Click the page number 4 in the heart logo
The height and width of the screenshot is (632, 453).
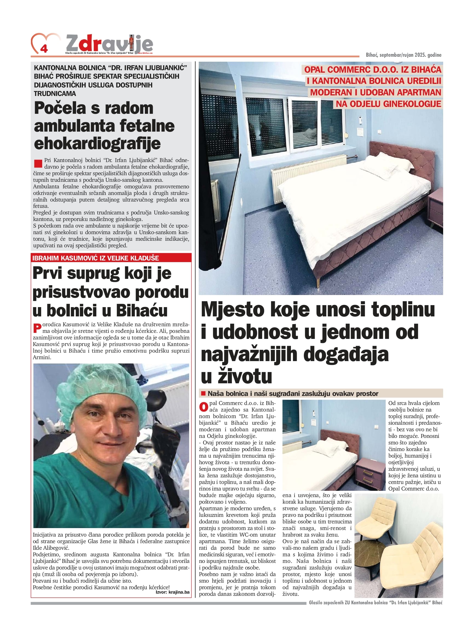pyautogui.click(x=44, y=49)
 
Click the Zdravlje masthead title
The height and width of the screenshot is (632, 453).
pyautogui.click(x=109, y=44)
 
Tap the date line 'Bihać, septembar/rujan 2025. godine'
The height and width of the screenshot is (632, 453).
pyautogui.click(x=403, y=55)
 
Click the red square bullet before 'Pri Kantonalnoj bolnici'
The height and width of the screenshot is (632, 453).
pyautogui.click(x=38, y=163)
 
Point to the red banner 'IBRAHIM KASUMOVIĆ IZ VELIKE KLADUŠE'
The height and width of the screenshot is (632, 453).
pyautogui.click(x=96, y=258)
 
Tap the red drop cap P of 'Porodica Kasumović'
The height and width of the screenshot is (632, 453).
pyautogui.click(x=37, y=328)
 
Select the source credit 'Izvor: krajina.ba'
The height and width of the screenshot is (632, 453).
pyautogui.click(x=172, y=592)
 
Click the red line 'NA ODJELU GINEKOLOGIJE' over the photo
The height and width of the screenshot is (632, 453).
pyautogui.click(x=388, y=104)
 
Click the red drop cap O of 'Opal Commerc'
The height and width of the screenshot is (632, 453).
pyautogui.click(x=203, y=407)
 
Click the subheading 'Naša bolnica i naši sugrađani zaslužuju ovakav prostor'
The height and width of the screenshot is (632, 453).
pyautogui.click(x=293, y=393)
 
